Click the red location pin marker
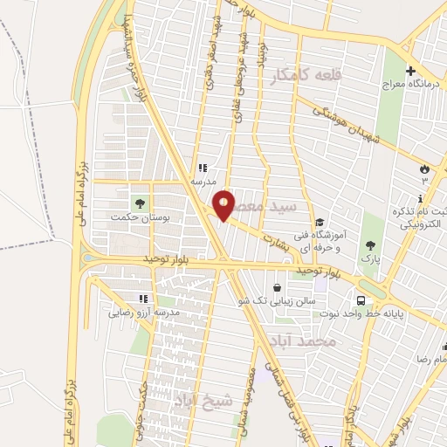point(224,204)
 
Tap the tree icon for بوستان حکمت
point(140,203)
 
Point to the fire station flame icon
point(425,168)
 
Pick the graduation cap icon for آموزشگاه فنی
point(320,222)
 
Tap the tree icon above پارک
point(371,245)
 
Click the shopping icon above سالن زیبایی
point(277,287)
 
